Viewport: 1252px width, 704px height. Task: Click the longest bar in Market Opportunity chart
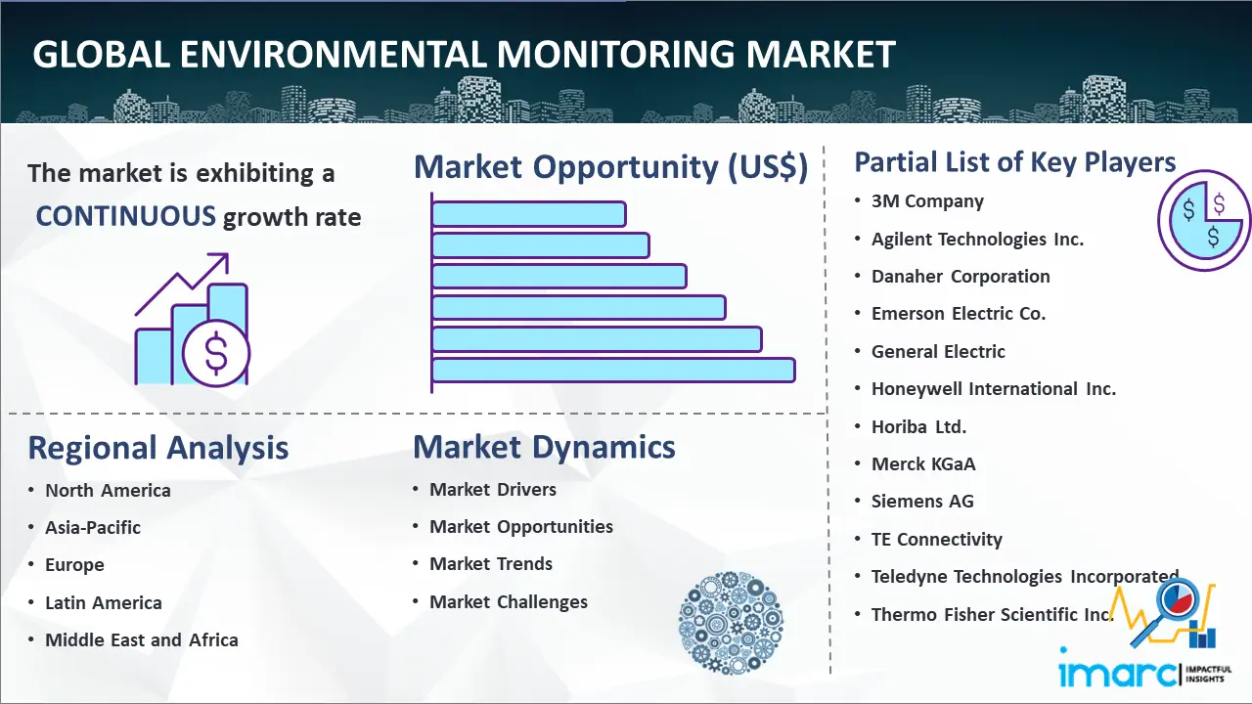tap(612, 371)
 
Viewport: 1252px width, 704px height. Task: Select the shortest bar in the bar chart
tap(528, 213)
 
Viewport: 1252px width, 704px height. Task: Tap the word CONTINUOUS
tap(125, 216)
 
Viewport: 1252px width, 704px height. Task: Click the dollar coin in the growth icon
tap(216, 353)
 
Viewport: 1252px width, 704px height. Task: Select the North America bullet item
tap(108, 491)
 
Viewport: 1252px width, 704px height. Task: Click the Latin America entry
tap(103, 603)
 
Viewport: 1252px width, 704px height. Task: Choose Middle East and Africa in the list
tap(141, 640)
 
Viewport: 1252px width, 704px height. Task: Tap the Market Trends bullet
tap(490, 564)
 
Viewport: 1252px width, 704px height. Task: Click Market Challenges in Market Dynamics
tap(508, 602)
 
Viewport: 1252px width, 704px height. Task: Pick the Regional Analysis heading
tap(157, 448)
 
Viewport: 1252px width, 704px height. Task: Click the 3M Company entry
tap(927, 201)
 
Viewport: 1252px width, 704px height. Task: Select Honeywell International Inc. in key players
tap(993, 389)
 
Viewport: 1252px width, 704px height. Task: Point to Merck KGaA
tap(923, 464)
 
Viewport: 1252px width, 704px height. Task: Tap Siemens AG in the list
tap(922, 502)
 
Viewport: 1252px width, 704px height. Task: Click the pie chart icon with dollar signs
tap(1203, 221)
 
